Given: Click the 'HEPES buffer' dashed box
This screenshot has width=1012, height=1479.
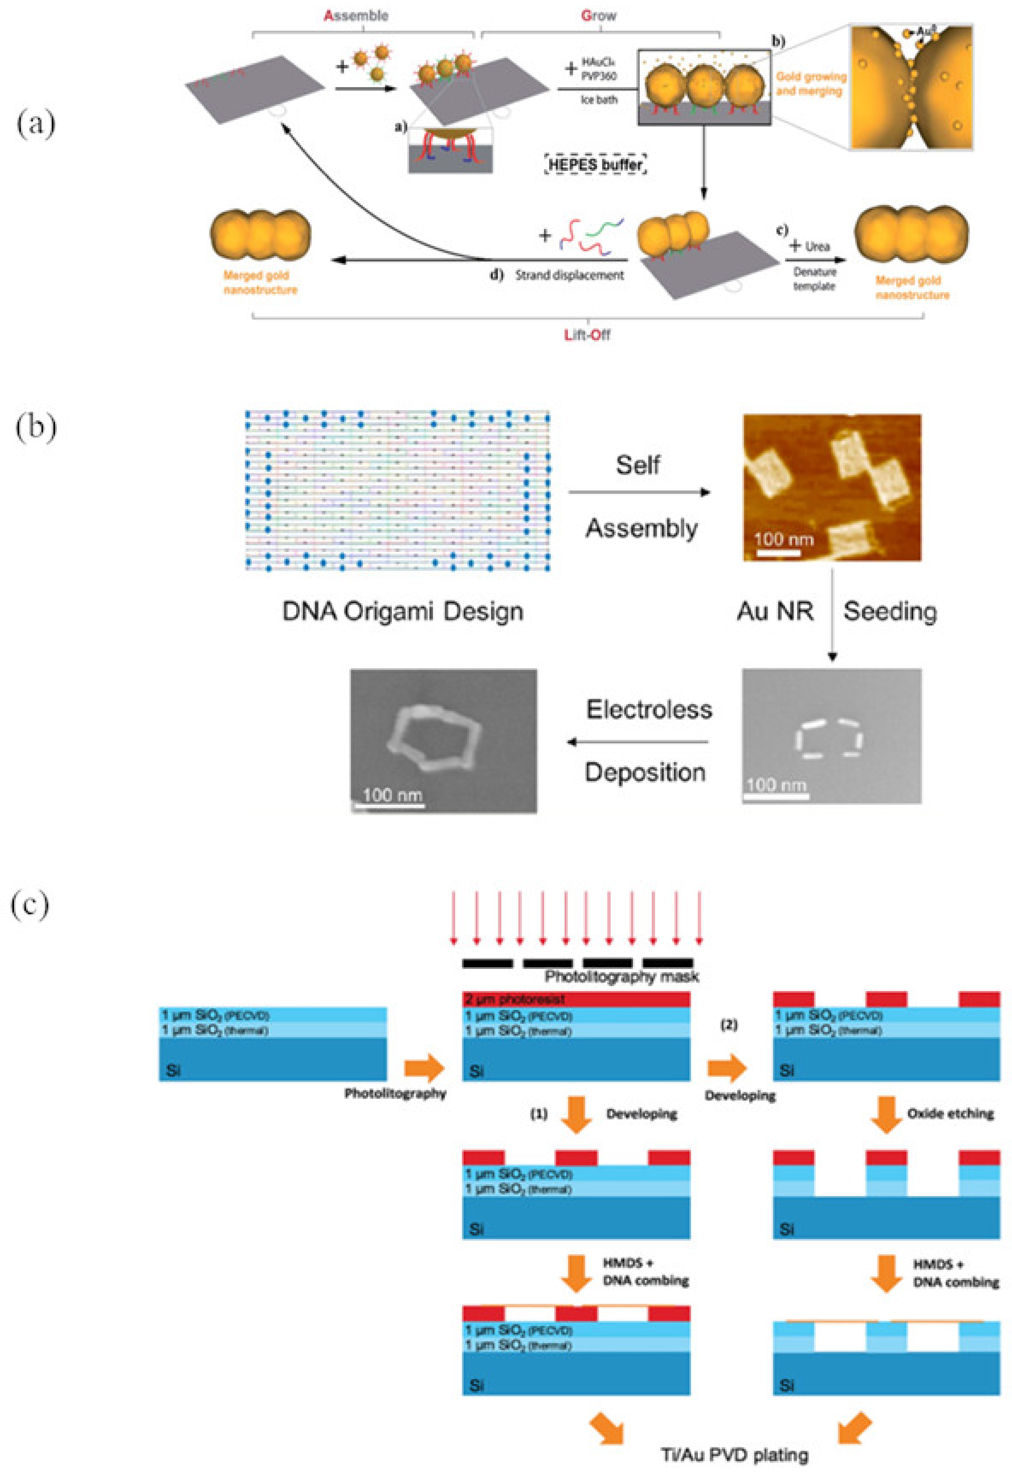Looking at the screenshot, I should [x=596, y=165].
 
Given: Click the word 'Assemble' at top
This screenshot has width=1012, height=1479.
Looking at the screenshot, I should [x=356, y=16].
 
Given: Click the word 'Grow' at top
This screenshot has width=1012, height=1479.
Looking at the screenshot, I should [x=598, y=16].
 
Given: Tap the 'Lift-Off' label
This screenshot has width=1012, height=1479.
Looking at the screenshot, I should [x=587, y=335].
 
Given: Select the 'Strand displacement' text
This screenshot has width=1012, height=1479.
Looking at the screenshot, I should [x=569, y=276].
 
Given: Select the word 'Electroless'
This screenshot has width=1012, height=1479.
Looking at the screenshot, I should [x=649, y=710].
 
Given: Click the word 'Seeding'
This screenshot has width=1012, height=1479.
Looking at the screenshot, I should [x=889, y=612].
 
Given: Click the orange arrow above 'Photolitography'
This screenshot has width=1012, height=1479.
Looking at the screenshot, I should [x=424, y=1068].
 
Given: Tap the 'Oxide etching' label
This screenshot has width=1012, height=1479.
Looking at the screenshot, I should [x=950, y=1113].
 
